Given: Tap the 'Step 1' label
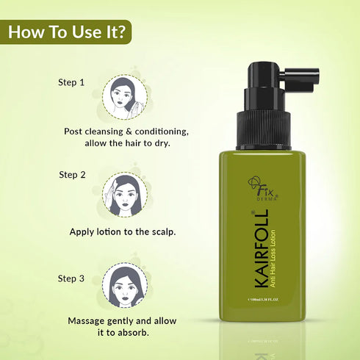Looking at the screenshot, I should (72, 82).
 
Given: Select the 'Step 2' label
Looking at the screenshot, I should (72, 175).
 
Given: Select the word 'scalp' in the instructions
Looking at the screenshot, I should (159, 231).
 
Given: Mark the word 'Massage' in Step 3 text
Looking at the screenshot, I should (90, 321).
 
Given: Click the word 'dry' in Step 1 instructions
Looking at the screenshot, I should (159, 143).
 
